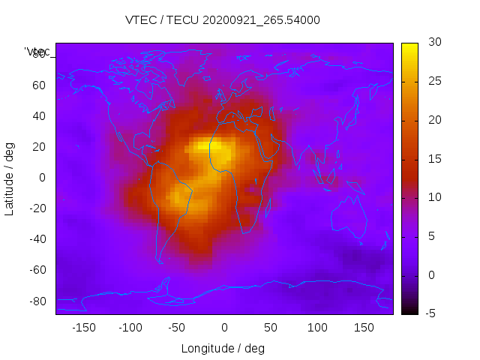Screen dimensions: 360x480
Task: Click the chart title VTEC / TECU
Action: pyautogui.click(x=223, y=20)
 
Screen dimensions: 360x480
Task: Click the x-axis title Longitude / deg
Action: pyautogui.click(x=223, y=348)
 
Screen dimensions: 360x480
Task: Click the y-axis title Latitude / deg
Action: pyautogui.click(x=10, y=178)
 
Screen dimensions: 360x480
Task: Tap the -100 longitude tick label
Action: pyautogui.click(x=130, y=328)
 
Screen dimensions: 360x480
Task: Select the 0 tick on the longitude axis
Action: pyautogui.click(x=223, y=328)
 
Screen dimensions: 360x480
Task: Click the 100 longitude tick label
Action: pyautogui.click(x=317, y=328)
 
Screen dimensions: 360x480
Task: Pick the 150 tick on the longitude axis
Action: pyautogui.click(x=364, y=328)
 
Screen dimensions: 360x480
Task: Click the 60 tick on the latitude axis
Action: pyautogui.click(x=38, y=85)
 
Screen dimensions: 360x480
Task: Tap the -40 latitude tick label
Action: pyautogui.click(x=36, y=239)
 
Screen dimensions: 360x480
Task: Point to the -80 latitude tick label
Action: pyautogui.click(x=36, y=301)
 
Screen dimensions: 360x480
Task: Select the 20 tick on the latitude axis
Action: pyautogui.click(x=38, y=146)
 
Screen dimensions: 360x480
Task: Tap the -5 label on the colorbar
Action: pyautogui.click(x=430, y=313)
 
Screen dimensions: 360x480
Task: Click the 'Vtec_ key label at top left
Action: pyautogui.click(x=37, y=52)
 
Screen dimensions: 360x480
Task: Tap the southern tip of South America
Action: pyautogui.click(x=160, y=261)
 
